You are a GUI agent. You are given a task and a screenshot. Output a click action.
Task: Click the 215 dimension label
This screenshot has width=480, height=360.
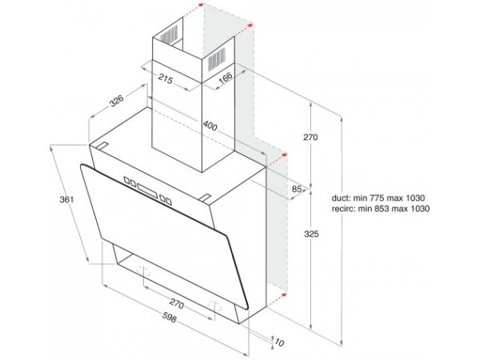[166, 79]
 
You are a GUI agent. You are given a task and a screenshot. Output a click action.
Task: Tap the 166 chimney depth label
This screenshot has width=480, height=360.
[226, 78]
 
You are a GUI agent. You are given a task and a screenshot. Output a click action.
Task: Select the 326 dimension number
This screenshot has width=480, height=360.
[117, 101]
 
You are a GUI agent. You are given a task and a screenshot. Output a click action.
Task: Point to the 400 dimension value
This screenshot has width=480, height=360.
[210, 126]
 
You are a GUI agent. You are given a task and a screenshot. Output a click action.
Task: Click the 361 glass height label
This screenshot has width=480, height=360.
[66, 199]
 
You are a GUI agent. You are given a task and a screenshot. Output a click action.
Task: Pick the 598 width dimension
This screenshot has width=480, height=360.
[170, 317]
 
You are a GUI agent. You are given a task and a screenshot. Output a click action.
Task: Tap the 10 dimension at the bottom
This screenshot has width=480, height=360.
[279, 342]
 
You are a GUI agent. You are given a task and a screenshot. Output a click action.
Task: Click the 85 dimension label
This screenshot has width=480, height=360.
[296, 189]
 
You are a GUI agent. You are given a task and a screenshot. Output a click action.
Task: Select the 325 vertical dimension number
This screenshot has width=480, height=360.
[311, 234]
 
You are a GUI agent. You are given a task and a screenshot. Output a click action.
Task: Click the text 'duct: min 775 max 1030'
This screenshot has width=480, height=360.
[378, 198]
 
